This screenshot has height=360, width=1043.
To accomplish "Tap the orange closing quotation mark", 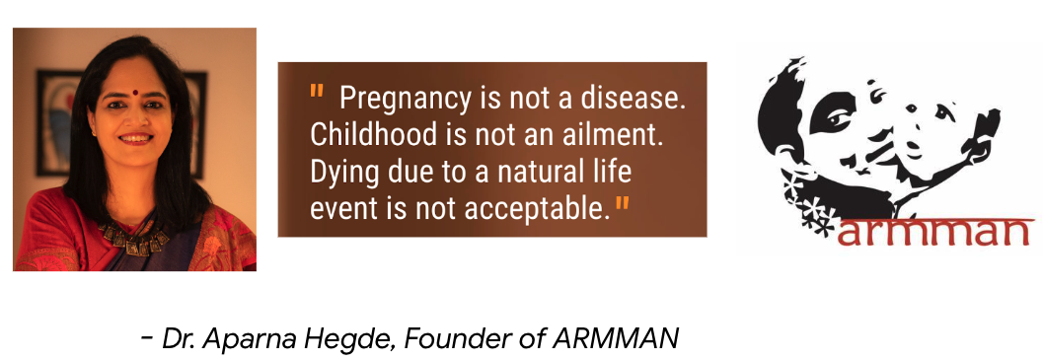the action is (x=622, y=202).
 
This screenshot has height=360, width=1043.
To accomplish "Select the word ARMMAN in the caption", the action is (x=616, y=338).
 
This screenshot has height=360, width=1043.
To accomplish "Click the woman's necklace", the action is (x=133, y=239).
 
